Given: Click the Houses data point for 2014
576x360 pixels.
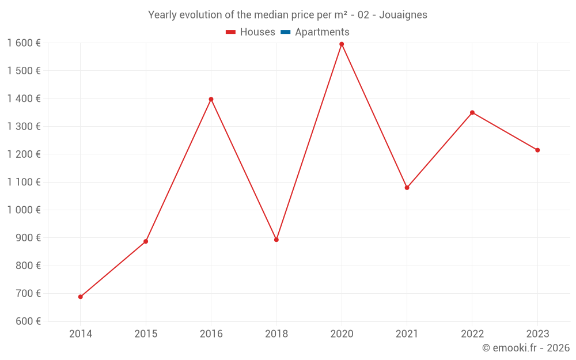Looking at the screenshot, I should click(81, 297).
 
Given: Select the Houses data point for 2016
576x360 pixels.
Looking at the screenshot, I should click(211, 99).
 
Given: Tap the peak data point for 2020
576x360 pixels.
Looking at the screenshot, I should click(342, 44).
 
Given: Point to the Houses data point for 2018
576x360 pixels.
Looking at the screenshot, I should click(276, 240).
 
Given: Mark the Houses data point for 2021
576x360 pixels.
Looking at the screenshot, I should click(407, 188).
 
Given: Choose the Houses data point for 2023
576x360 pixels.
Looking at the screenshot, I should click(537, 150).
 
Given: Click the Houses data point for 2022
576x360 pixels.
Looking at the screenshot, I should click(472, 112).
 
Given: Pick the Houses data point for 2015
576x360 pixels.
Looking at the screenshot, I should click(146, 241).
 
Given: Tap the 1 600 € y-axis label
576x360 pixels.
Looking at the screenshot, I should click(24, 43).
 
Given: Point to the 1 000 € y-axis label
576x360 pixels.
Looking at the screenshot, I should click(24, 210).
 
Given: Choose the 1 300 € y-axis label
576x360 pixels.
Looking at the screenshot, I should click(24, 127).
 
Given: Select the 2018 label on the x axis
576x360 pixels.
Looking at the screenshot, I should click(276, 334).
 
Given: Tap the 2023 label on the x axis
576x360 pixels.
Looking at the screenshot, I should click(537, 334).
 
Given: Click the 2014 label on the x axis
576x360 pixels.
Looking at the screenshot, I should click(81, 334).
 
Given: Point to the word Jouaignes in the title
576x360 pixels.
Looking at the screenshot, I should click(403, 15).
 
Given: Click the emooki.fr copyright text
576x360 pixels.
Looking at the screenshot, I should click(526, 348).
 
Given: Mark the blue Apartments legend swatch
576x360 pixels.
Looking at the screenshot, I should click(285, 32).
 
